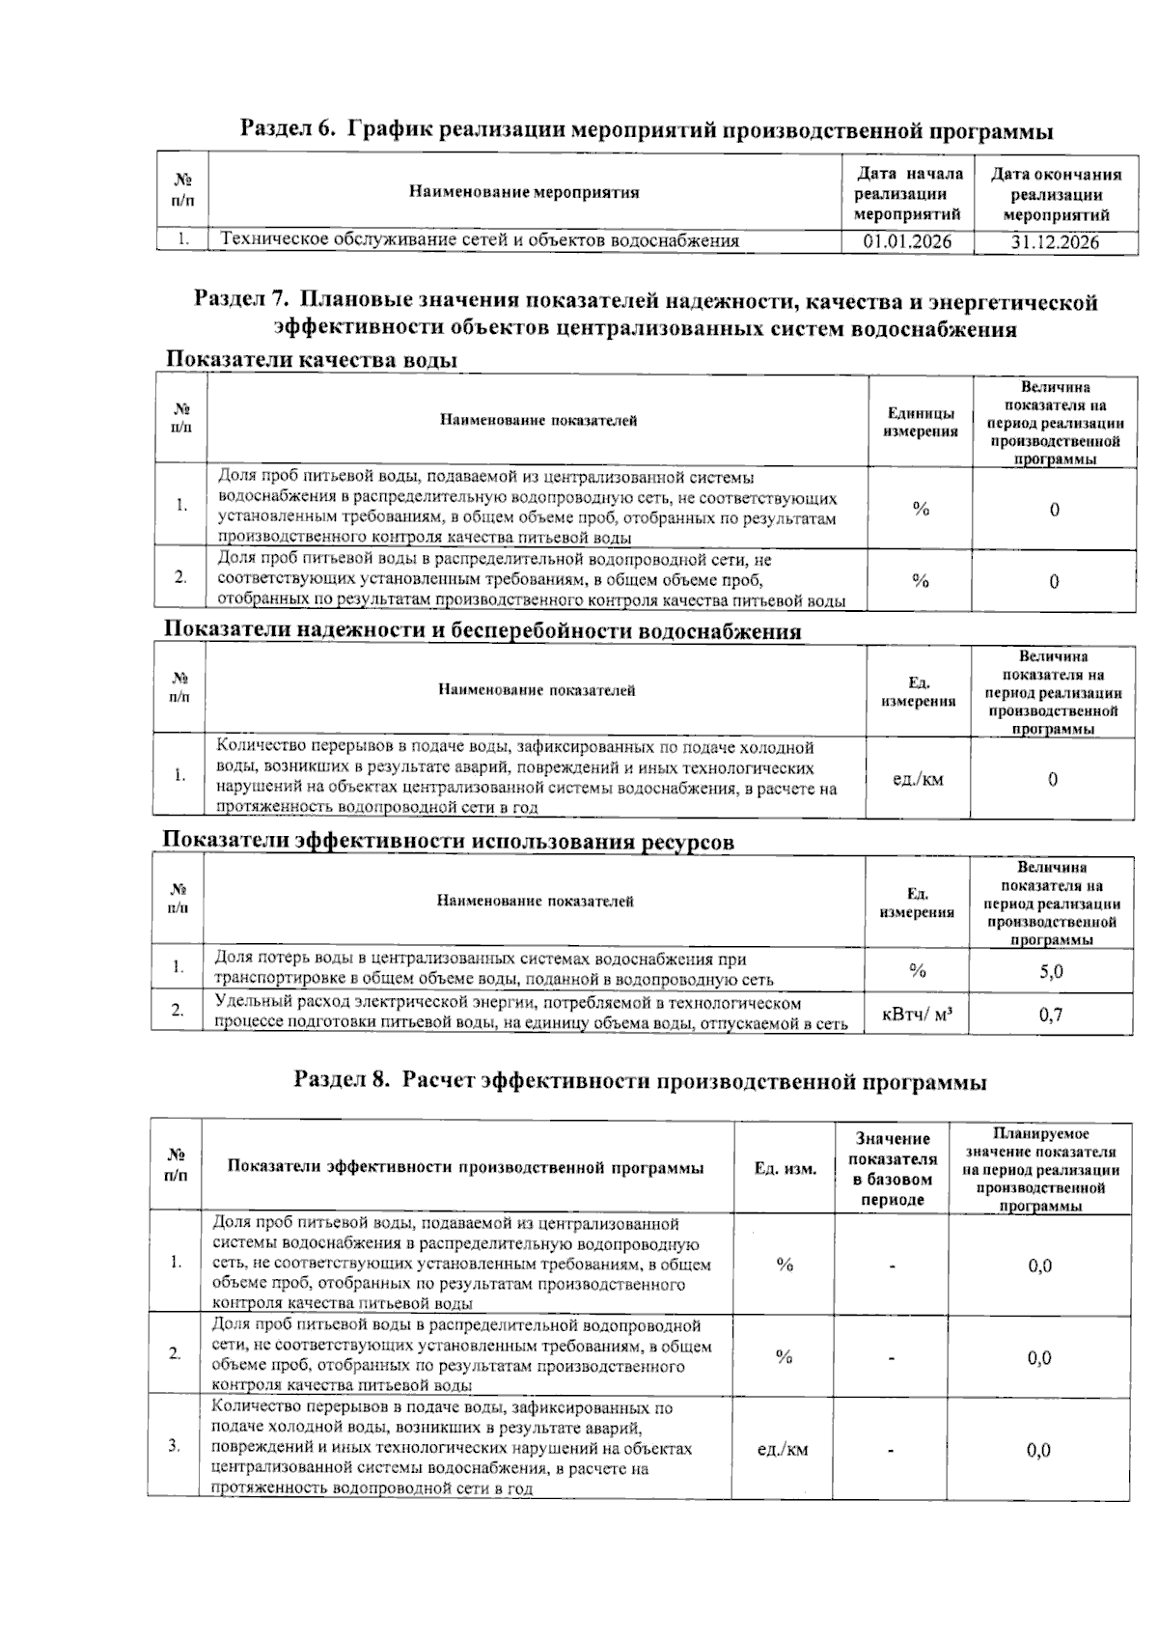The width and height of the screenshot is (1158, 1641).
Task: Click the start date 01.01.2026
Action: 907,241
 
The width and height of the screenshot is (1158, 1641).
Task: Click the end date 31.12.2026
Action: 1055,241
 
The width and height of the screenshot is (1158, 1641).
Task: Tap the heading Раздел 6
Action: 646,129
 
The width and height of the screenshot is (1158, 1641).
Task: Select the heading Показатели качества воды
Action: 310,360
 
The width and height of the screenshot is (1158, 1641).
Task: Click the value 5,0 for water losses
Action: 1051,971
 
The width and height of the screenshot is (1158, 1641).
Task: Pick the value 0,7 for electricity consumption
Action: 1051,1015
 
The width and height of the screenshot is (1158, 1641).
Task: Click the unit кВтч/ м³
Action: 919,1015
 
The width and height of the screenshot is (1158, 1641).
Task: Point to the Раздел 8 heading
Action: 640,1082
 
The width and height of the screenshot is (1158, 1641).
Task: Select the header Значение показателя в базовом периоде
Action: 892,1169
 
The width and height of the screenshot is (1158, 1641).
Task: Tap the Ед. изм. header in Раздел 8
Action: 785,1169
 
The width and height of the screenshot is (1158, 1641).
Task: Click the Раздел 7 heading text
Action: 646,316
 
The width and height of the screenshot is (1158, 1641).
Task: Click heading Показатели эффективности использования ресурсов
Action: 448,841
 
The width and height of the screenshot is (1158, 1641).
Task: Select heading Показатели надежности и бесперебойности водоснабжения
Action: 482,631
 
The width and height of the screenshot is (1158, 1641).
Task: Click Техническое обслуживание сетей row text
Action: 480,241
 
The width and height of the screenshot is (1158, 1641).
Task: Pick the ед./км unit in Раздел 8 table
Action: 783,1449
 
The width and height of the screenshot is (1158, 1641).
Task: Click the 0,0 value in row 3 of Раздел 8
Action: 1039,1449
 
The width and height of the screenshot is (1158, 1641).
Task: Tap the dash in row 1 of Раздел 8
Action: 892,1266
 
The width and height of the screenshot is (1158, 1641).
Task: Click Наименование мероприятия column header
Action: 524,192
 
